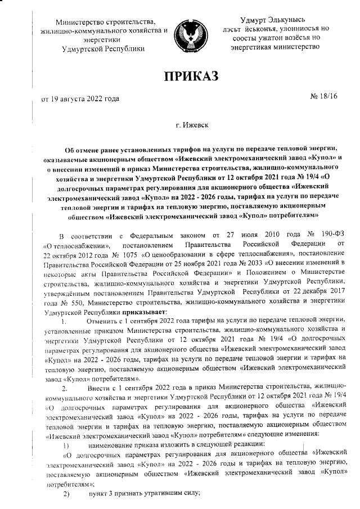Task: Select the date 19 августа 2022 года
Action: coord(77,100)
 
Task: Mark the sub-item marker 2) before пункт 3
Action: coord(65,494)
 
